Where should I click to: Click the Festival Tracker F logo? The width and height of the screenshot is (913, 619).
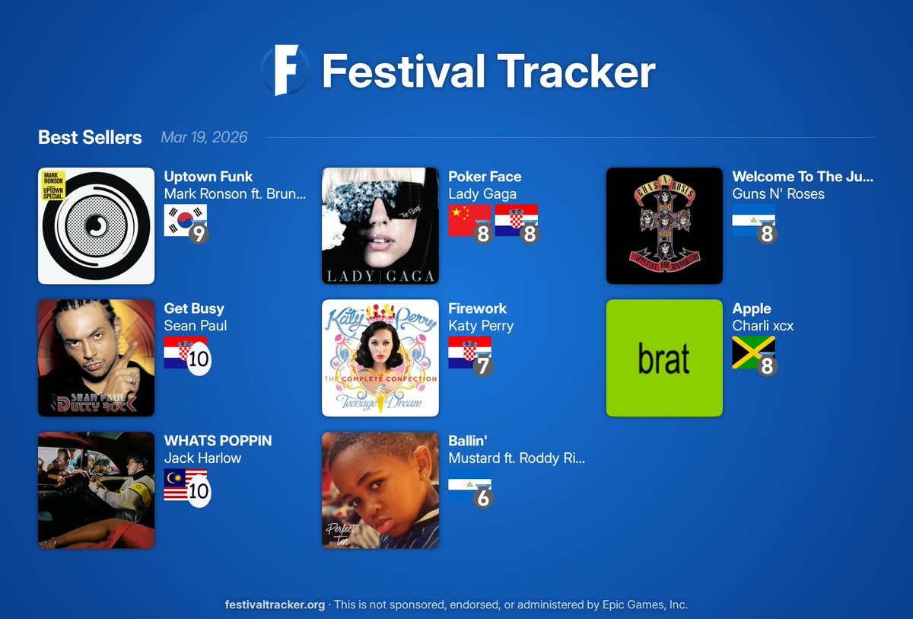click(x=285, y=70)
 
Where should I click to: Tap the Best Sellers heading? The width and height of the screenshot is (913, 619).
click(x=90, y=138)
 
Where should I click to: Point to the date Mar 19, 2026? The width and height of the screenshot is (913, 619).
click(x=204, y=138)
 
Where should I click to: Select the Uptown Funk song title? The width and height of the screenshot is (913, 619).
click(x=208, y=177)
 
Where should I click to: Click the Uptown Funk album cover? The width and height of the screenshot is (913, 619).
click(x=96, y=225)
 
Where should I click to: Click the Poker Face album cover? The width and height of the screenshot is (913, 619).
click(x=380, y=225)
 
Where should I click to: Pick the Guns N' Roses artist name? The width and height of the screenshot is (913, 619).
click(x=778, y=194)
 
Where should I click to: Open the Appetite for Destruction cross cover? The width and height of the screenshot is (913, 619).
click(x=664, y=225)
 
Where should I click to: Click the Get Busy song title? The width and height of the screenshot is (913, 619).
click(x=194, y=308)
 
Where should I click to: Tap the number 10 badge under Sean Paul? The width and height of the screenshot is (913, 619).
click(x=199, y=359)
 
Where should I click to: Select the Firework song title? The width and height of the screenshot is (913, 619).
click(x=477, y=308)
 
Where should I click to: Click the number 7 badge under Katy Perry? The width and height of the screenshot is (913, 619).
click(x=482, y=366)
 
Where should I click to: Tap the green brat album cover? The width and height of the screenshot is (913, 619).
click(x=664, y=358)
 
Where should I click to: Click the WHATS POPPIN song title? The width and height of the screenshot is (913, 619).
click(x=218, y=441)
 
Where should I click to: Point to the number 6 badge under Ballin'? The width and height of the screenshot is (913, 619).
click(x=482, y=498)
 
